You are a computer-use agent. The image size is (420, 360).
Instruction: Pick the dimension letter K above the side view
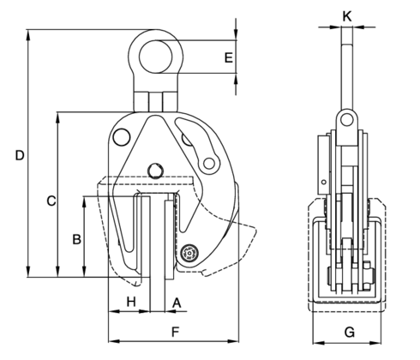tap(346, 15)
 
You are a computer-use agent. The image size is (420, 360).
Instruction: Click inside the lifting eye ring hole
tap(158, 52)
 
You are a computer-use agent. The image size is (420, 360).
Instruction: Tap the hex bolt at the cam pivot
tap(189, 254)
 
